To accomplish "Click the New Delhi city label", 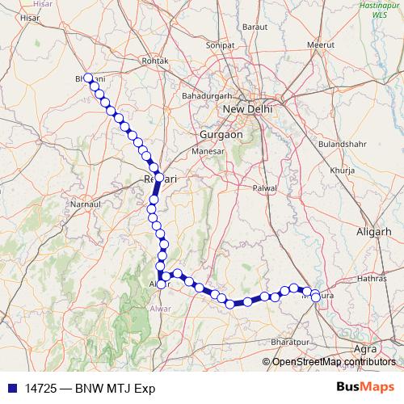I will tap(247, 109).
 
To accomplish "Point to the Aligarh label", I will tap(374, 232).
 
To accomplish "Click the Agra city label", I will tap(365, 348).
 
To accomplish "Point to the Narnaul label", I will tap(84, 206).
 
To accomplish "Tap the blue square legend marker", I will tap(11, 387).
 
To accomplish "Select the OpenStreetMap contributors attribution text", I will tap(334, 361).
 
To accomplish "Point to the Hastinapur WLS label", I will tap(380, 10).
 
